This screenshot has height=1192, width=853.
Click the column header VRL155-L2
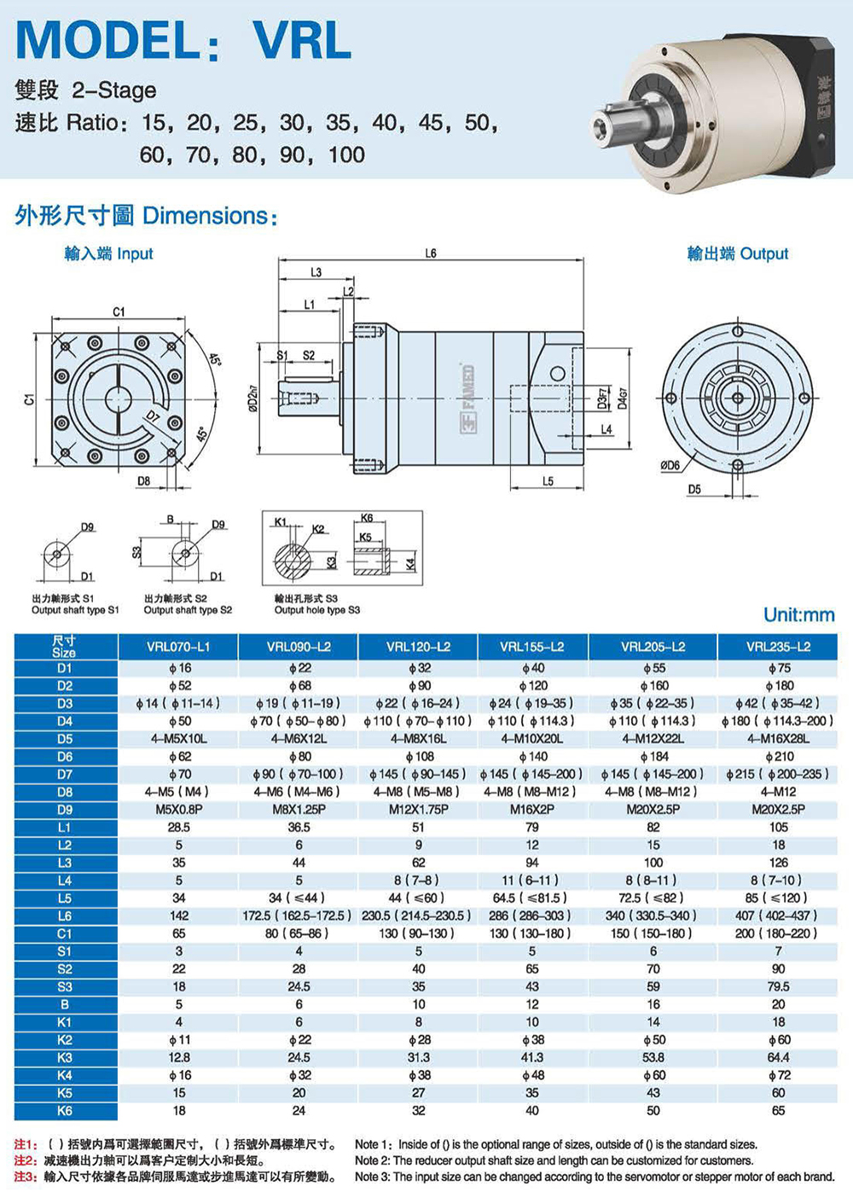click(531, 647)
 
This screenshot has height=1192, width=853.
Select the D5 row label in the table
click(65, 739)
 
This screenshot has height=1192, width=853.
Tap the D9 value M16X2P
click(531, 810)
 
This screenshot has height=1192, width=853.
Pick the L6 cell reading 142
click(179, 916)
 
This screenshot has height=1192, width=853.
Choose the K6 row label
click(65, 1111)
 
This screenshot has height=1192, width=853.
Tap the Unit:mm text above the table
click(798, 615)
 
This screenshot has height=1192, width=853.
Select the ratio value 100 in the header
click(346, 155)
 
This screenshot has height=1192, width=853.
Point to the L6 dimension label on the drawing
click(431, 253)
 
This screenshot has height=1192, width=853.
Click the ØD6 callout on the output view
click(670, 466)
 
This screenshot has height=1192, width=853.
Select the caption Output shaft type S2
click(188, 610)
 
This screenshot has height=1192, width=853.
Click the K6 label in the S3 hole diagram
click(367, 519)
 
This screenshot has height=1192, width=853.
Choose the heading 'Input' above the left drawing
click(135, 253)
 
